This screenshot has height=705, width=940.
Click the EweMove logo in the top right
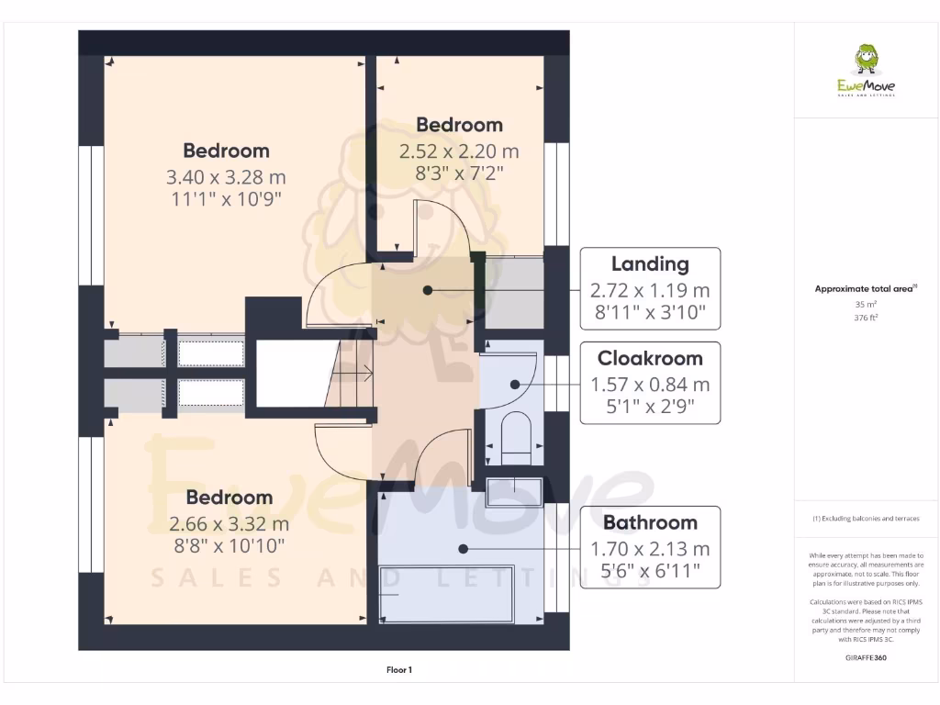[866, 72]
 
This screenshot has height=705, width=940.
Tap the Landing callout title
[650, 264]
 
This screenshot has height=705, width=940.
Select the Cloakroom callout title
[650, 359]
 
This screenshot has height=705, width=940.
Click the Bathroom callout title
[650, 522]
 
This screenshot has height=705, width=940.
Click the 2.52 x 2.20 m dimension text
[459, 150]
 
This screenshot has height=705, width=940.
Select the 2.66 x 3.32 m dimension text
[229, 524]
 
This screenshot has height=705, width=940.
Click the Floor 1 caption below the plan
[399, 670]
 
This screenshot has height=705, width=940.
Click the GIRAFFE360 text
[866, 657]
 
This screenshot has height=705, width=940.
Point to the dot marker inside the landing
[428, 290]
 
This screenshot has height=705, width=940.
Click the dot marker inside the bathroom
[464, 549]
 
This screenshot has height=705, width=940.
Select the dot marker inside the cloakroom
[516, 386]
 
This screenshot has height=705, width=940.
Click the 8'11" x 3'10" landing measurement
[650, 312]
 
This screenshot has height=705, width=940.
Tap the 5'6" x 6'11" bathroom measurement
[650, 571]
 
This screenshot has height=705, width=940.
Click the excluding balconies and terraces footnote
[866, 519]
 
